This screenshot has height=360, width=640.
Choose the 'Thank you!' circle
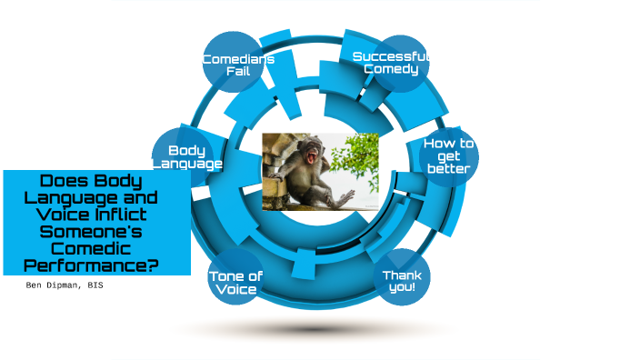[401, 277]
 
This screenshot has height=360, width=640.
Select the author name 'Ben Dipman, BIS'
[64, 285]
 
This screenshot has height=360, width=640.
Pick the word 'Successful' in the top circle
[391, 56]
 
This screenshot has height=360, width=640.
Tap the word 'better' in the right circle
[448, 168]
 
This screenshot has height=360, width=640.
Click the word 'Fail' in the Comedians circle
[238, 71]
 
